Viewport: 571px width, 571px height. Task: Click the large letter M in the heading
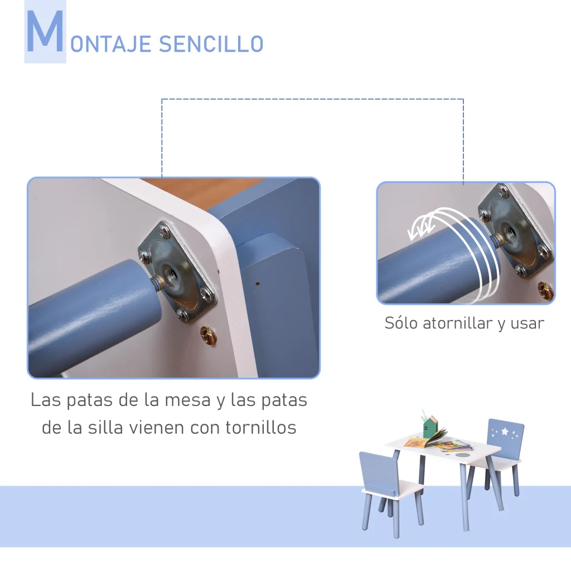[45, 31]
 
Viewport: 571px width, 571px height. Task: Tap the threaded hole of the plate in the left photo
[170, 272]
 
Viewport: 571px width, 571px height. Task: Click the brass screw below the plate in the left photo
[209, 335]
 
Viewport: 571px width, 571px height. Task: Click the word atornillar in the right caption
[457, 323]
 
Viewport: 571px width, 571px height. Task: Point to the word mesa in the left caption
[187, 400]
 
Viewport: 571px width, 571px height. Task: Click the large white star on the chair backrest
[505, 431]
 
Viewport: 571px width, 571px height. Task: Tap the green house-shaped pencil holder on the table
[430, 427]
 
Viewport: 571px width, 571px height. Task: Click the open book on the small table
[426, 439]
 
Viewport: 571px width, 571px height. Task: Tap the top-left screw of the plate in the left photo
[164, 230]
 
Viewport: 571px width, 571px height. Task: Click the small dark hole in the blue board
[258, 284]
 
